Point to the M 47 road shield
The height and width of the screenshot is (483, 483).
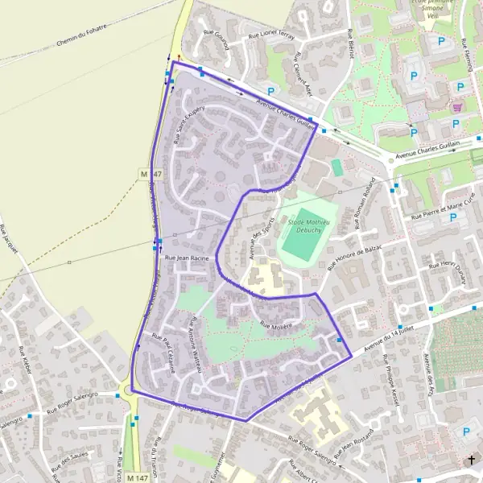tap(146, 173)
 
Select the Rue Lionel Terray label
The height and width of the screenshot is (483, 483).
tap(270, 36)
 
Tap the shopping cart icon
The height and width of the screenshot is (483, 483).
tap(457, 106)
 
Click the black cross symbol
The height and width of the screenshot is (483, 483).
tap(471, 460)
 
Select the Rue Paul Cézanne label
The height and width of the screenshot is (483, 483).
tap(163, 354)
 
